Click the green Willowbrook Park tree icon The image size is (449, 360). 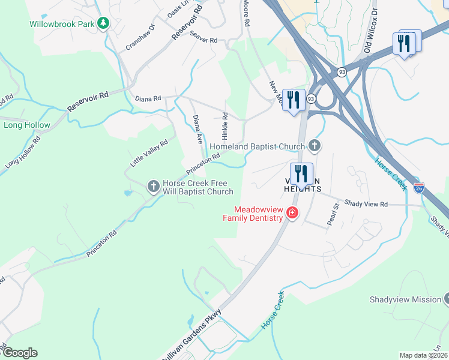pyautogui.click(x=103, y=23)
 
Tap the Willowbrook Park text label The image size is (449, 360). pyautogui.click(x=63, y=25)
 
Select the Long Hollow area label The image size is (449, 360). pyautogui.click(x=27, y=125)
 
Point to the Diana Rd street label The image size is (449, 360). pyautogui.click(x=148, y=98)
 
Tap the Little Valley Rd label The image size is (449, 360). pyautogui.click(x=149, y=153)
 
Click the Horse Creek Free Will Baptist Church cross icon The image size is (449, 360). pyautogui.click(x=153, y=186)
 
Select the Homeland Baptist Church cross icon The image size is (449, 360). pyautogui.click(x=314, y=146)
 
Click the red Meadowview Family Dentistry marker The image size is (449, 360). pyautogui.click(x=292, y=212)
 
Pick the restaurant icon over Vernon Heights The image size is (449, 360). pyautogui.click(x=301, y=173)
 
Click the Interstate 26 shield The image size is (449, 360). pyautogui.click(x=419, y=188)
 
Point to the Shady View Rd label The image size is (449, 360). pyautogui.click(x=366, y=205)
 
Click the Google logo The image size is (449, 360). pyautogui.click(x=20, y=353)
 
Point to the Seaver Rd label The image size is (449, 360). pyautogui.click(x=203, y=40)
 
